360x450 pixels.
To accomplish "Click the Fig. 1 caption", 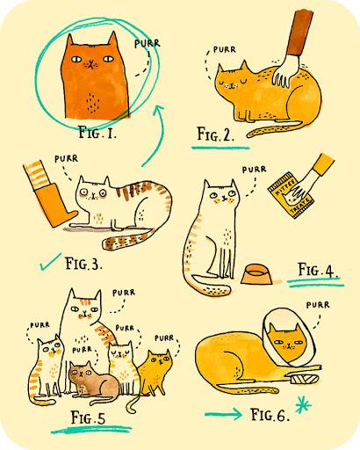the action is [x=97, y=133].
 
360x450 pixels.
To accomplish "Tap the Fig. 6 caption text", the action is [x=270, y=415].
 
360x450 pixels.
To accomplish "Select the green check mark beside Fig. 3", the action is [x=50, y=262].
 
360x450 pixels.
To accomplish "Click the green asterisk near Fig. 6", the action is [x=303, y=405].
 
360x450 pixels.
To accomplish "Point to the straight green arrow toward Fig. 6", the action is [x=223, y=414].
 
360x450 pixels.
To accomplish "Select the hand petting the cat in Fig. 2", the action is [x=286, y=71].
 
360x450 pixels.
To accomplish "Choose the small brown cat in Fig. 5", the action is [x=93, y=380].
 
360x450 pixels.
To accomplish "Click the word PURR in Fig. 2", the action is [x=224, y=49].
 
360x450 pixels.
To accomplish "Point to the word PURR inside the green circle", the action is [x=148, y=44].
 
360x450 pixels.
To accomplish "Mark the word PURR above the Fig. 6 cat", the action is [x=318, y=305].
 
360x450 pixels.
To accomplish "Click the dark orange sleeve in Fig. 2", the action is [x=299, y=33].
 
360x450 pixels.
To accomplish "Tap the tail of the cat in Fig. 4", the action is [x=211, y=285].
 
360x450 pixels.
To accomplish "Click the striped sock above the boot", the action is [x=36, y=175].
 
